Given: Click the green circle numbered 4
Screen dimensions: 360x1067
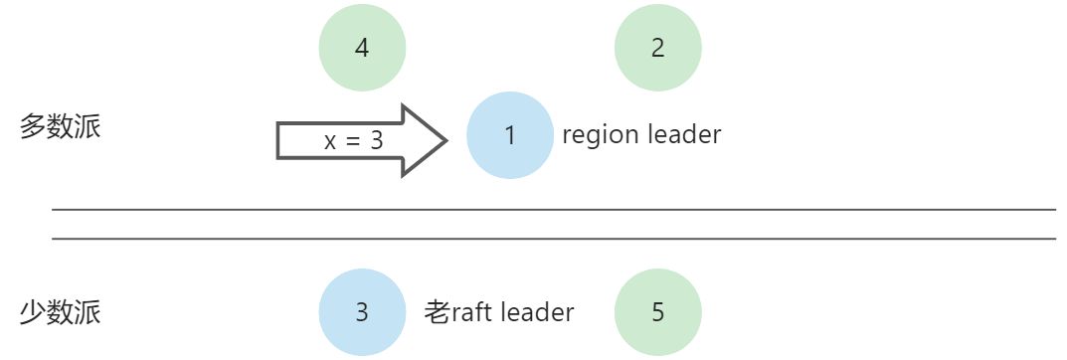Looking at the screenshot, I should (x=362, y=48).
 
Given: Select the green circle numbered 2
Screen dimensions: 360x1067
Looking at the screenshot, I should (x=658, y=48).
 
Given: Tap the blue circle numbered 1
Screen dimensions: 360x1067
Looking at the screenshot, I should (x=510, y=135).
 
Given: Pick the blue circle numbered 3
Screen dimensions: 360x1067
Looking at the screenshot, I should (x=362, y=312).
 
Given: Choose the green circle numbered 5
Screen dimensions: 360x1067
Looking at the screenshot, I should (x=658, y=312).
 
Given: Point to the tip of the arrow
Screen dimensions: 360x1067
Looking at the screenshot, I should (x=445, y=140).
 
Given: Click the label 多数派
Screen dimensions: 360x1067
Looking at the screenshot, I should (x=61, y=128).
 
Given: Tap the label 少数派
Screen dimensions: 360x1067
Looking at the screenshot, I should (x=61, y=313).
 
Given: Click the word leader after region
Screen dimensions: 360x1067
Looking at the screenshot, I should (x=683, y=134).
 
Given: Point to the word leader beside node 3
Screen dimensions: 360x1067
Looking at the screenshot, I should (x=537, y=312).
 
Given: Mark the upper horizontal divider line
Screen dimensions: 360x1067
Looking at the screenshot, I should (x=553, y=210).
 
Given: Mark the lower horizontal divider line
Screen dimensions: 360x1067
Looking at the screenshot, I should (x=553, y=239).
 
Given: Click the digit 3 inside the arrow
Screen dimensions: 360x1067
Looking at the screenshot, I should (x=377, y=141).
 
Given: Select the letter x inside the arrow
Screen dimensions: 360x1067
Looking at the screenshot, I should (x=330, y=142).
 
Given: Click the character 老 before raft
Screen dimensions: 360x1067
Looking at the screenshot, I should (x=438, y=312).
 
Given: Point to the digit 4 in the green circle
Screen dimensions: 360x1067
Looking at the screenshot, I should (x=362, y=48).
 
